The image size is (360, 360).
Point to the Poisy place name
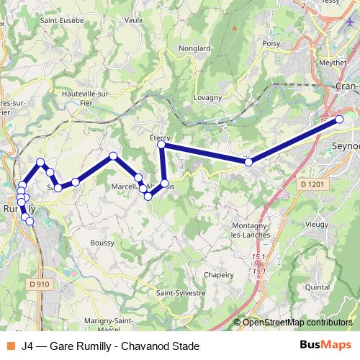(x=271, y=43)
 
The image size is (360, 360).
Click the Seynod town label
(x=344, y=146)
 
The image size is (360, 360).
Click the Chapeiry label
(x=219, y=274)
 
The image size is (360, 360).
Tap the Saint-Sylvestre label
(x=181, y=293)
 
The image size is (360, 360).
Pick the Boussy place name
(x=102, y=243)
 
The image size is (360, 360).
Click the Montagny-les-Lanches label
(x=251, y=230)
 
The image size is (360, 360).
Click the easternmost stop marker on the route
(x=340, y=120)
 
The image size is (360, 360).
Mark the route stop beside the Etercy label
(x=162, y=145)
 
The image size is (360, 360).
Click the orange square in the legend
(x=11, y=346)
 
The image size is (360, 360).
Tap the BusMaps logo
(x=325, y=346)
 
